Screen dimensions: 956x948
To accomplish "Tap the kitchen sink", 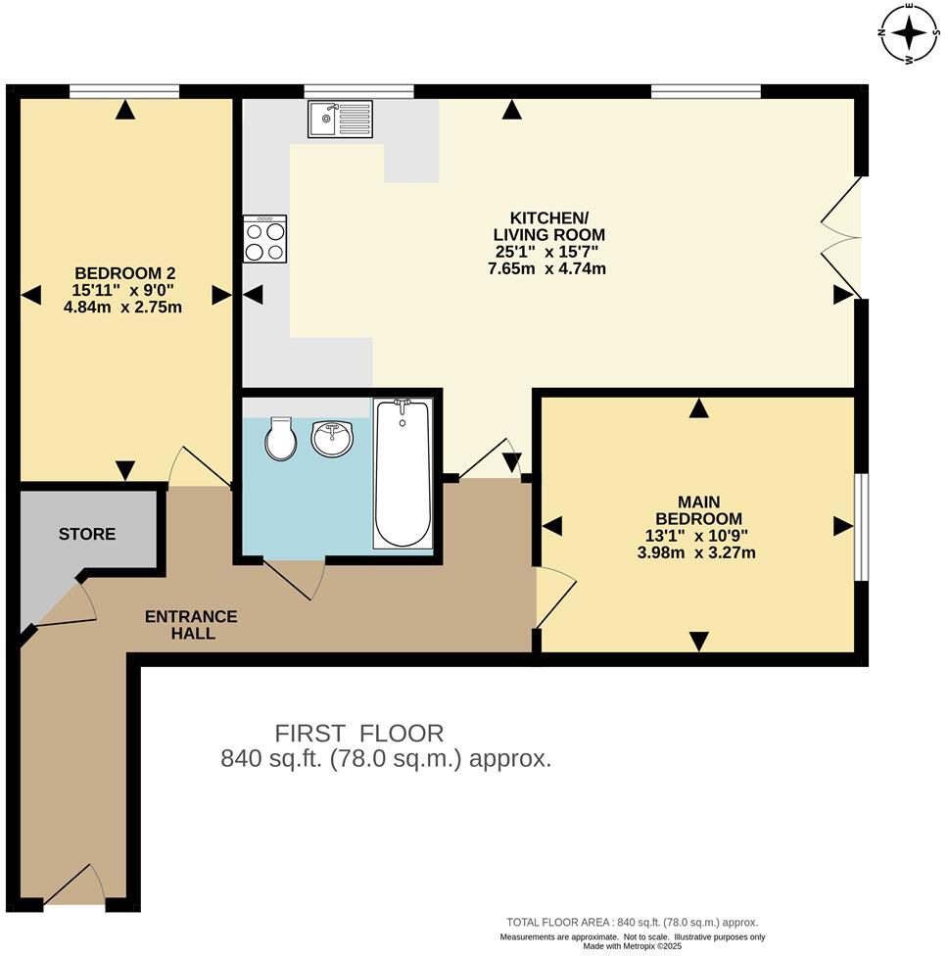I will click(x=340, y=119).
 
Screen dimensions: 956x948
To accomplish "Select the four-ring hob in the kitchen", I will click(x=265, y=239).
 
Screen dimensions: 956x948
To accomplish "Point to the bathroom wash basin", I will click(x=332, y=437).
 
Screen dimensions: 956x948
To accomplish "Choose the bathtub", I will click(x=403, y=472).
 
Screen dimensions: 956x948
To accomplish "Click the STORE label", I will click(x=86, y=534).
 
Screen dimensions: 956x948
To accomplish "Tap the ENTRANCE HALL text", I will click(x=191, y=625).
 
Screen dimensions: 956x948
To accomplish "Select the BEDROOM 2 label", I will click(x=124, y=272).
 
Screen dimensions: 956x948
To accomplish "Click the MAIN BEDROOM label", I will click(x=697, y=509).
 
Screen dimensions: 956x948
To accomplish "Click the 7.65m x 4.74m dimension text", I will click(x=546, y=268).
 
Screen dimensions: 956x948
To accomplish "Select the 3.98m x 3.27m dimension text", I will click(x=696, y=552).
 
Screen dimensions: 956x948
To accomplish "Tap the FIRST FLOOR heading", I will click(x=358, y=733).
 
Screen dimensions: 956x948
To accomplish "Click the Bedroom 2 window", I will click(x=124, y=92).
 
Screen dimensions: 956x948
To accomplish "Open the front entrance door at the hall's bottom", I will click(x=74, y=885).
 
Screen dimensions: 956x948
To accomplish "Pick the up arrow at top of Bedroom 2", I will click(x=124, y=112).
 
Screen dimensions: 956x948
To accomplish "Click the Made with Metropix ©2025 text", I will click(x=632, y=946).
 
